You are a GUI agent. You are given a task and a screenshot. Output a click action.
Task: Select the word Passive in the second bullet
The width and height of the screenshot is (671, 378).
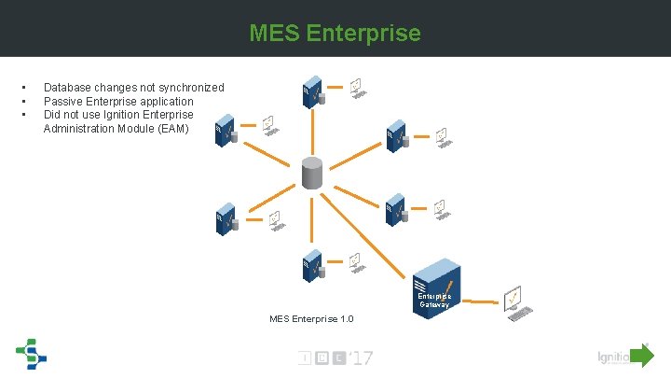click(x=63, y=101)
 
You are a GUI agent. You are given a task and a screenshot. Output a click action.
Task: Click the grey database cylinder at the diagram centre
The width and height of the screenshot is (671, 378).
click(x=312, y=172)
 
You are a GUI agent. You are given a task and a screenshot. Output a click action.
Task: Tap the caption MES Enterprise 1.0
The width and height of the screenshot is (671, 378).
click(x=311, y=319)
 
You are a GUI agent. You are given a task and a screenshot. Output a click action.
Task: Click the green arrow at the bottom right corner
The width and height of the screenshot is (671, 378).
click(x=642, y=356)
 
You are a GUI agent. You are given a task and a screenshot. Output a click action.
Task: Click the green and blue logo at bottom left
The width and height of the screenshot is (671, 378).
click(x=30, y=353)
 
